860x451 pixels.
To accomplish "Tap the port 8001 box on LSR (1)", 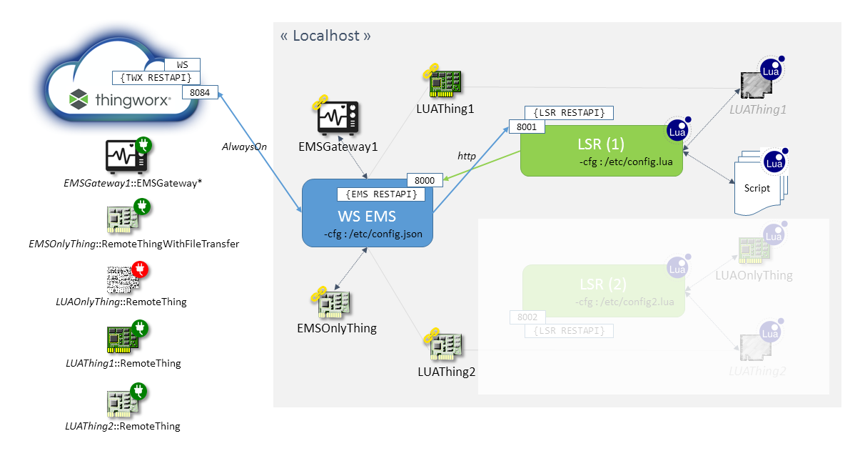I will [526, 127].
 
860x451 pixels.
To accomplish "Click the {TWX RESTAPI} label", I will [156, 77].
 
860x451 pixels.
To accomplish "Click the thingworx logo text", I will [133, 100].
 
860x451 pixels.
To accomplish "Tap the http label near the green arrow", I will [466, 155].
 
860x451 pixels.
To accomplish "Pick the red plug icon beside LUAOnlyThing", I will [140, 271].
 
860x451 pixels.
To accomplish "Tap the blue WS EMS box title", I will [368, 215].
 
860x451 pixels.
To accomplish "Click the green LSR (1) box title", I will [601, 144].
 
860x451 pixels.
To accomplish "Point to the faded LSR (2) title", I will [603, 284].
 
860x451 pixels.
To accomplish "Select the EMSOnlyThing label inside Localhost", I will [337, 329].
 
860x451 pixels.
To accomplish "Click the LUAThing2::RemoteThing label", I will [123, 427].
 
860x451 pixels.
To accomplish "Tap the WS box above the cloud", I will [182, 65].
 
